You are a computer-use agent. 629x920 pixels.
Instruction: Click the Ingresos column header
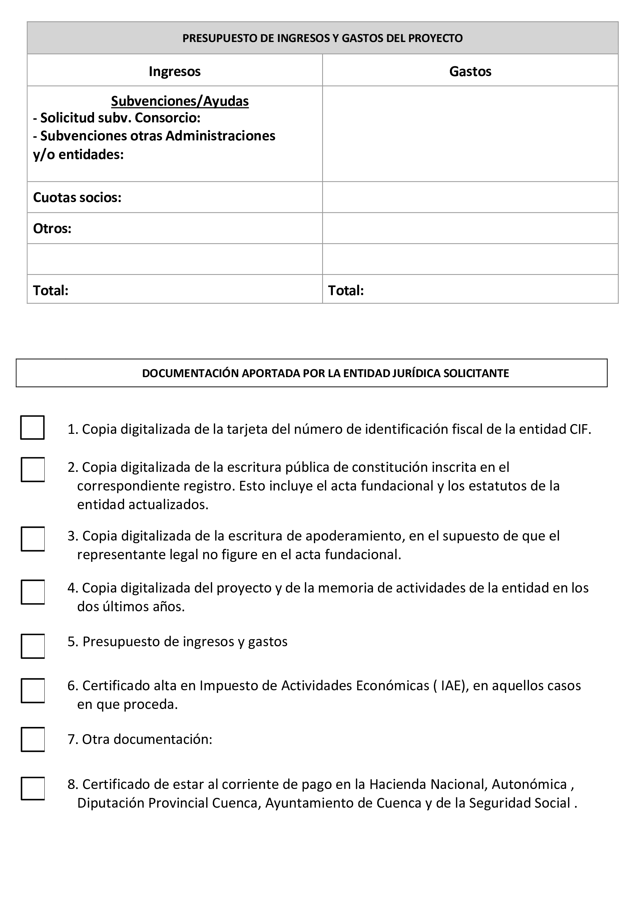tap(174, 71)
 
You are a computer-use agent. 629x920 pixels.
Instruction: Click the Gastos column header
tap(470, 71)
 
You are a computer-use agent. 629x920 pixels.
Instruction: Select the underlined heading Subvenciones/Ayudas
tap(180, 101)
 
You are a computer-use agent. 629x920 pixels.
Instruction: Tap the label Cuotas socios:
tap(77, 197)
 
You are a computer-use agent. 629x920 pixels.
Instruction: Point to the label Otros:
tap(52, 228)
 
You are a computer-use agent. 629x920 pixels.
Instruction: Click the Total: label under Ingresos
tap(51, 290)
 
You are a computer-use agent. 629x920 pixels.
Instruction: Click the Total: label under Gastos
tap(346, 290)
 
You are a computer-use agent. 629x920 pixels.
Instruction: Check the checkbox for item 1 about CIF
tap(32, 427)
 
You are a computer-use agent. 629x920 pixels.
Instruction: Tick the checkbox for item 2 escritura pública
tap(33, 470)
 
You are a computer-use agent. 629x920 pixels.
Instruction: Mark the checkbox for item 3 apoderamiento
tap(33, 539)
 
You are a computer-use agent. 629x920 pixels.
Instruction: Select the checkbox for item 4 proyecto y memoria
tap(33, 592)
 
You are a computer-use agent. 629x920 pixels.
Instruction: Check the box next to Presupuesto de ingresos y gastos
tap(33, 646)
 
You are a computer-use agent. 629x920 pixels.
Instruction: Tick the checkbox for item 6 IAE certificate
tap(33, 690)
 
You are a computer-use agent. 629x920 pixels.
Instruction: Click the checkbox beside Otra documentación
tap(33, 739)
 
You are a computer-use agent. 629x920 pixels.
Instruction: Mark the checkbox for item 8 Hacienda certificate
tap(33, 788)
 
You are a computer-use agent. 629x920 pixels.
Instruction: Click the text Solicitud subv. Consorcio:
tap(120, 118)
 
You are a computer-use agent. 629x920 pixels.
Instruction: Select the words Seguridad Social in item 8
tap(519, 803)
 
